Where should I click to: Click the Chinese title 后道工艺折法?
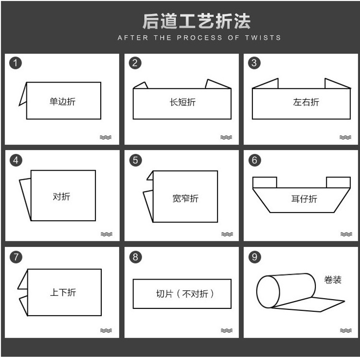[196, 21]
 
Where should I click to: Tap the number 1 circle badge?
[16, 63]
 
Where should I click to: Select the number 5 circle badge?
[135, 160]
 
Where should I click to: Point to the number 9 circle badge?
[254, 257]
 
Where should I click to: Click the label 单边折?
[62, 102]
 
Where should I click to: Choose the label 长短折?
[182, 102]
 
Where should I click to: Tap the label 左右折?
[306, 102]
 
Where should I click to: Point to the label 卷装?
[333, 280]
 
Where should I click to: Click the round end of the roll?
[268, 292]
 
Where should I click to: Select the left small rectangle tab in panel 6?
[264, 182]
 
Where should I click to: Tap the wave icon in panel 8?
[227, 330]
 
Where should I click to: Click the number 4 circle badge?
[16, 160]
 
